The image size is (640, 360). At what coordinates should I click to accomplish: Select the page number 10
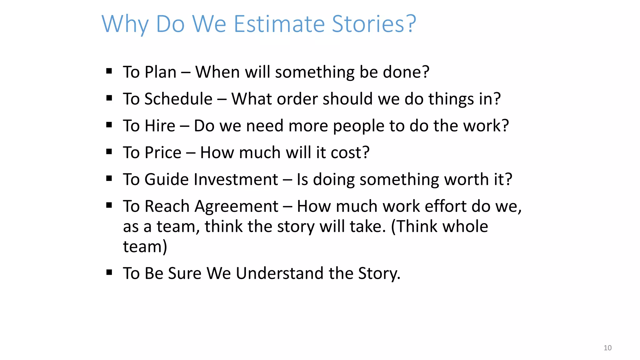pos(607,348)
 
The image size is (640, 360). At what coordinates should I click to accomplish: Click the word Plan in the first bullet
pos(161,72)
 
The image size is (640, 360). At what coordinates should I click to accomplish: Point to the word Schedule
pos(178,99)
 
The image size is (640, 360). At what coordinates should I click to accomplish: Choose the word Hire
pos(160,126)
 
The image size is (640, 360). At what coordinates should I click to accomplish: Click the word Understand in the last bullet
pos(279,273)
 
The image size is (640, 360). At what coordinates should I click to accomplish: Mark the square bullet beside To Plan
pos(109,71)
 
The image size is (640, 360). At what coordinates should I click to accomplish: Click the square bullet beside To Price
pos(109,152)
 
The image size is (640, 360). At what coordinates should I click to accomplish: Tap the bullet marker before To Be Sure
pos(109,272)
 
